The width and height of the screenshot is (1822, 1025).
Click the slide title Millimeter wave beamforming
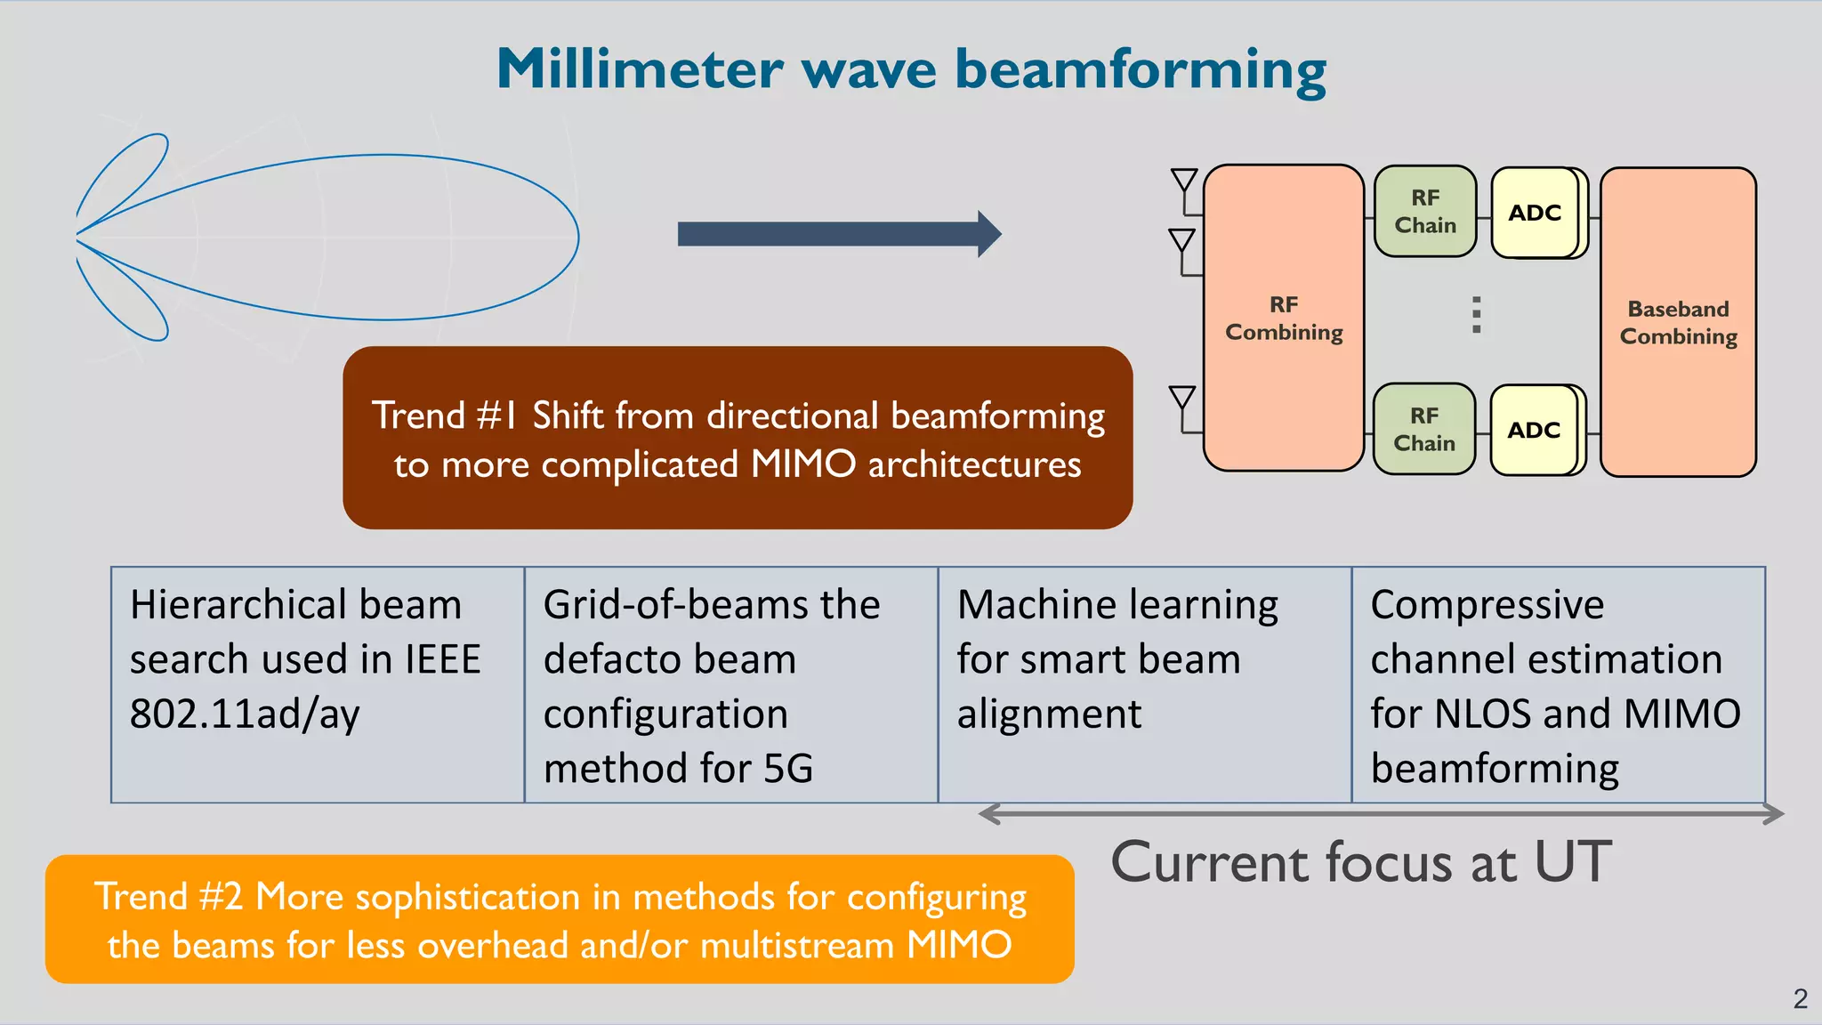(x=911, y=69)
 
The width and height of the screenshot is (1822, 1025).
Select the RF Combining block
(x=1283, y=318)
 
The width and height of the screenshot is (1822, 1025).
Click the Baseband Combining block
(x=1678, y=322)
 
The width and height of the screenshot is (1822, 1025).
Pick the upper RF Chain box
(x=1425, y=212)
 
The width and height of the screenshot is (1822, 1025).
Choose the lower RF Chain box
(x=1424, y=429)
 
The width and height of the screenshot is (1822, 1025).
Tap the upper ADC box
(x=1535, y=213)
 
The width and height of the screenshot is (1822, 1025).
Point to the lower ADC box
(x=1534, y=430)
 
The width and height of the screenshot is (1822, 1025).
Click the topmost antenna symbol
(x=1184, y=181)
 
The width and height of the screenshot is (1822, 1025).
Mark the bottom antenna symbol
(x=1182, y=398)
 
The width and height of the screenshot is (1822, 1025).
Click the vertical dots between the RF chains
(x=1477, y=315)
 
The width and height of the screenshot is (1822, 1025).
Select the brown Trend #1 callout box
(x=738, y=438)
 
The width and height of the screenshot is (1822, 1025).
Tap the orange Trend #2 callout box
(x=560, y=919)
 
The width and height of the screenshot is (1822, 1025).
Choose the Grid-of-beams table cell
(x=731, y=684)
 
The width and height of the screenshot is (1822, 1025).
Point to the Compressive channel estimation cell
(x=1559, y=684)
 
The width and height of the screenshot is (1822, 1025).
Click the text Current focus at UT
(x=1361, y=861)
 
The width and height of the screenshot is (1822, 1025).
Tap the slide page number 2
(x=1800, y=999)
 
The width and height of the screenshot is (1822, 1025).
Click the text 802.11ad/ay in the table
(x=245, y=714)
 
